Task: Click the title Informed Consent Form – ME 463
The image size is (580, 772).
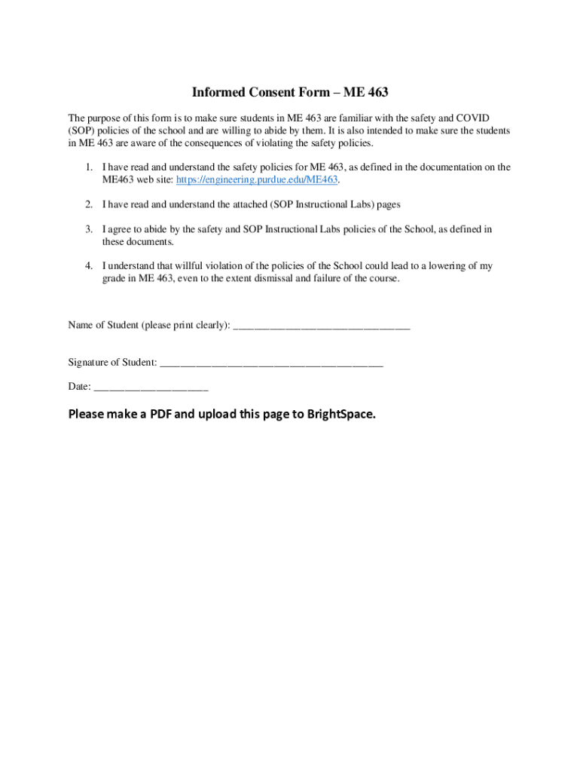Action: click(x=290, y=93)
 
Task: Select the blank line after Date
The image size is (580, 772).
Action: click(x=151, y=388)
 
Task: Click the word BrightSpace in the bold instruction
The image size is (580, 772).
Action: click(x=340, y=414)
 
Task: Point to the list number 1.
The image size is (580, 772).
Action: click(x=88, y=167)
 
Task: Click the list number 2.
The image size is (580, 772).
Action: click(x=88, y=204)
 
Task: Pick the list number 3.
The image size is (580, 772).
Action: click(x=88, y=229)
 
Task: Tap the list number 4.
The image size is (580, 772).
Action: click(x=88, y=266)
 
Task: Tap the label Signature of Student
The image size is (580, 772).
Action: click(x=112, y=363)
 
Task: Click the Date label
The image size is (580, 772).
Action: click(x=78, y=387)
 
